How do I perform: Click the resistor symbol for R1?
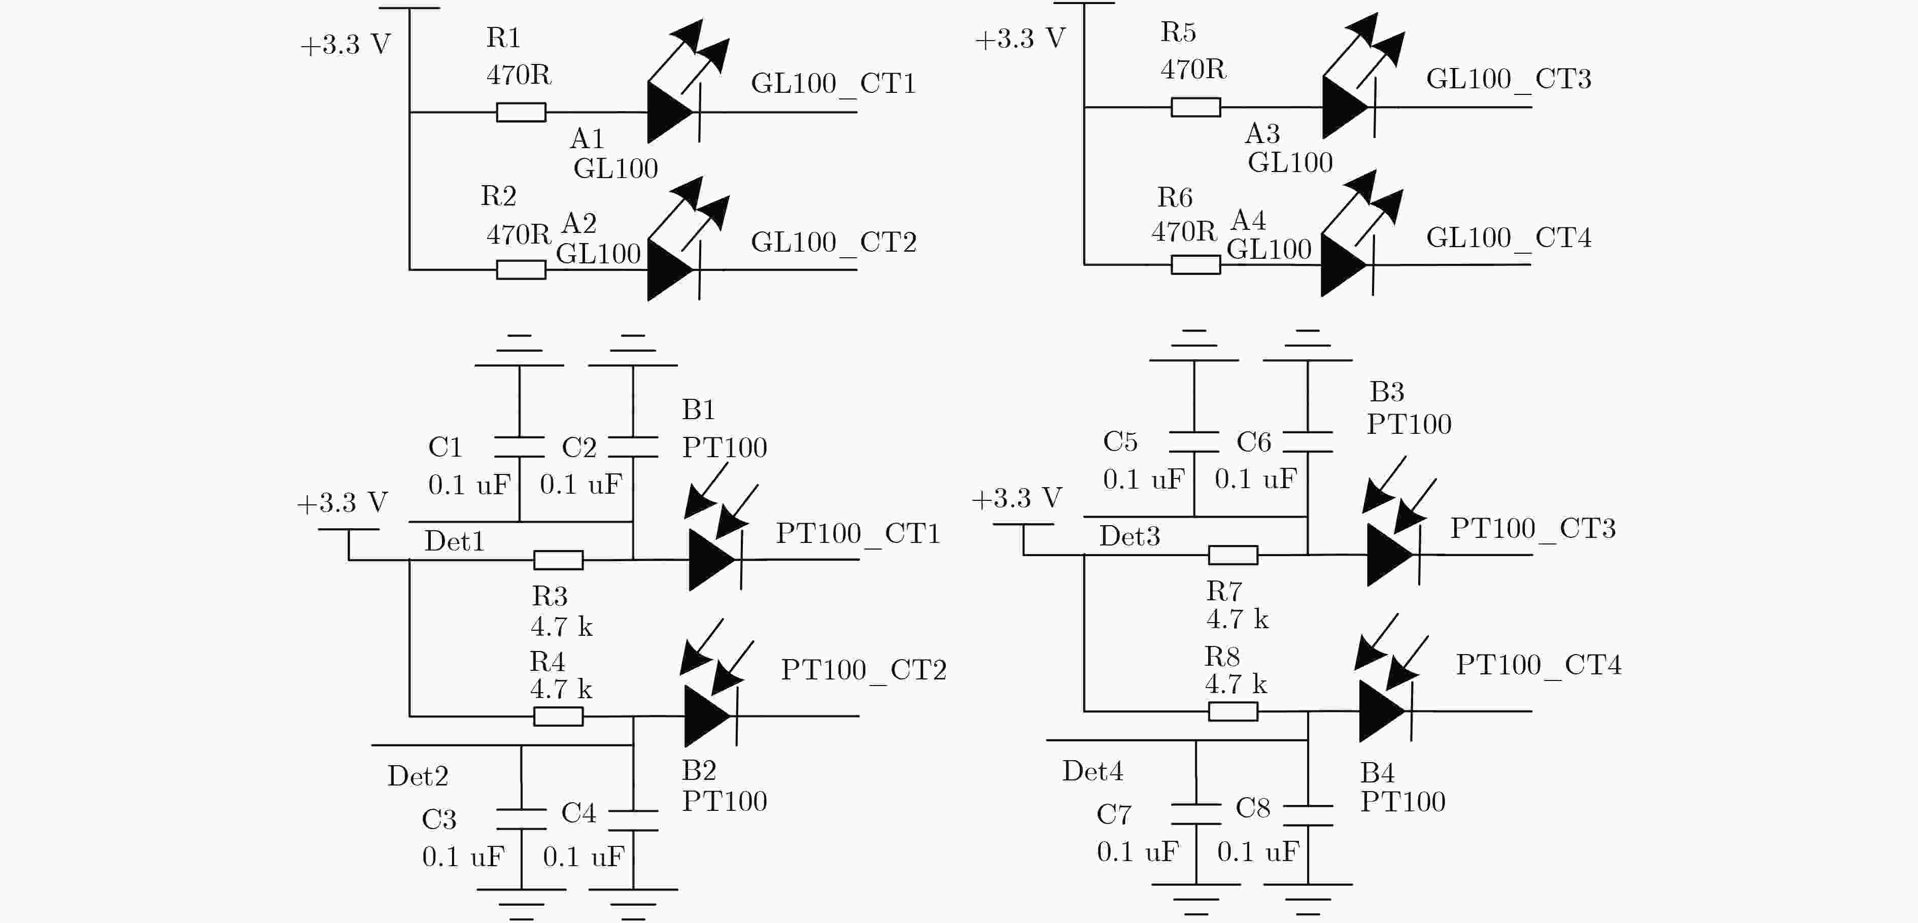(521, 113)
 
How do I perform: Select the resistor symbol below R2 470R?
(521, 269)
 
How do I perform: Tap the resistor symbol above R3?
(559, 560)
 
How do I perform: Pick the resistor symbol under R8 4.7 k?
(1233, 711)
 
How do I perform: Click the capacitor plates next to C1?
(520, 447)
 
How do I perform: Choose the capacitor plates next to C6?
(1308, 441)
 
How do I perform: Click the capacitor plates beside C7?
(1196, 814)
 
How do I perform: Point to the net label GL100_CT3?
(1509, 79)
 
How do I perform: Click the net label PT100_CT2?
(864, 670)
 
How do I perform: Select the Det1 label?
(454, 541)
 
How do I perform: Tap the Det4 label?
(1092, 771)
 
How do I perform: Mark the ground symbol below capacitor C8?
(1308, 899)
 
